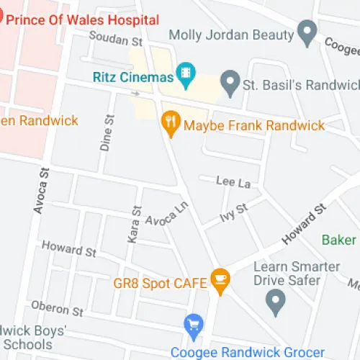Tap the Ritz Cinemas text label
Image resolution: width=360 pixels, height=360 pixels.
[x=133, y=76]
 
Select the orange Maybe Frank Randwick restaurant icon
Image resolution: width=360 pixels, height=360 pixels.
[x=171, y=125]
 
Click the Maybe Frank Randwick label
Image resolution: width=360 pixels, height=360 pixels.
[x=254, y=125]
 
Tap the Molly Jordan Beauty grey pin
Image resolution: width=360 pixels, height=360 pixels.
[x=308, y=32]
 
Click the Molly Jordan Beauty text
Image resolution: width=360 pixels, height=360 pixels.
[x=231, y=35]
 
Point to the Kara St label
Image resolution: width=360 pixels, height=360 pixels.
[x=135, y=224]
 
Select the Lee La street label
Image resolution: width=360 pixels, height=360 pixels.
[x=233, y=182]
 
